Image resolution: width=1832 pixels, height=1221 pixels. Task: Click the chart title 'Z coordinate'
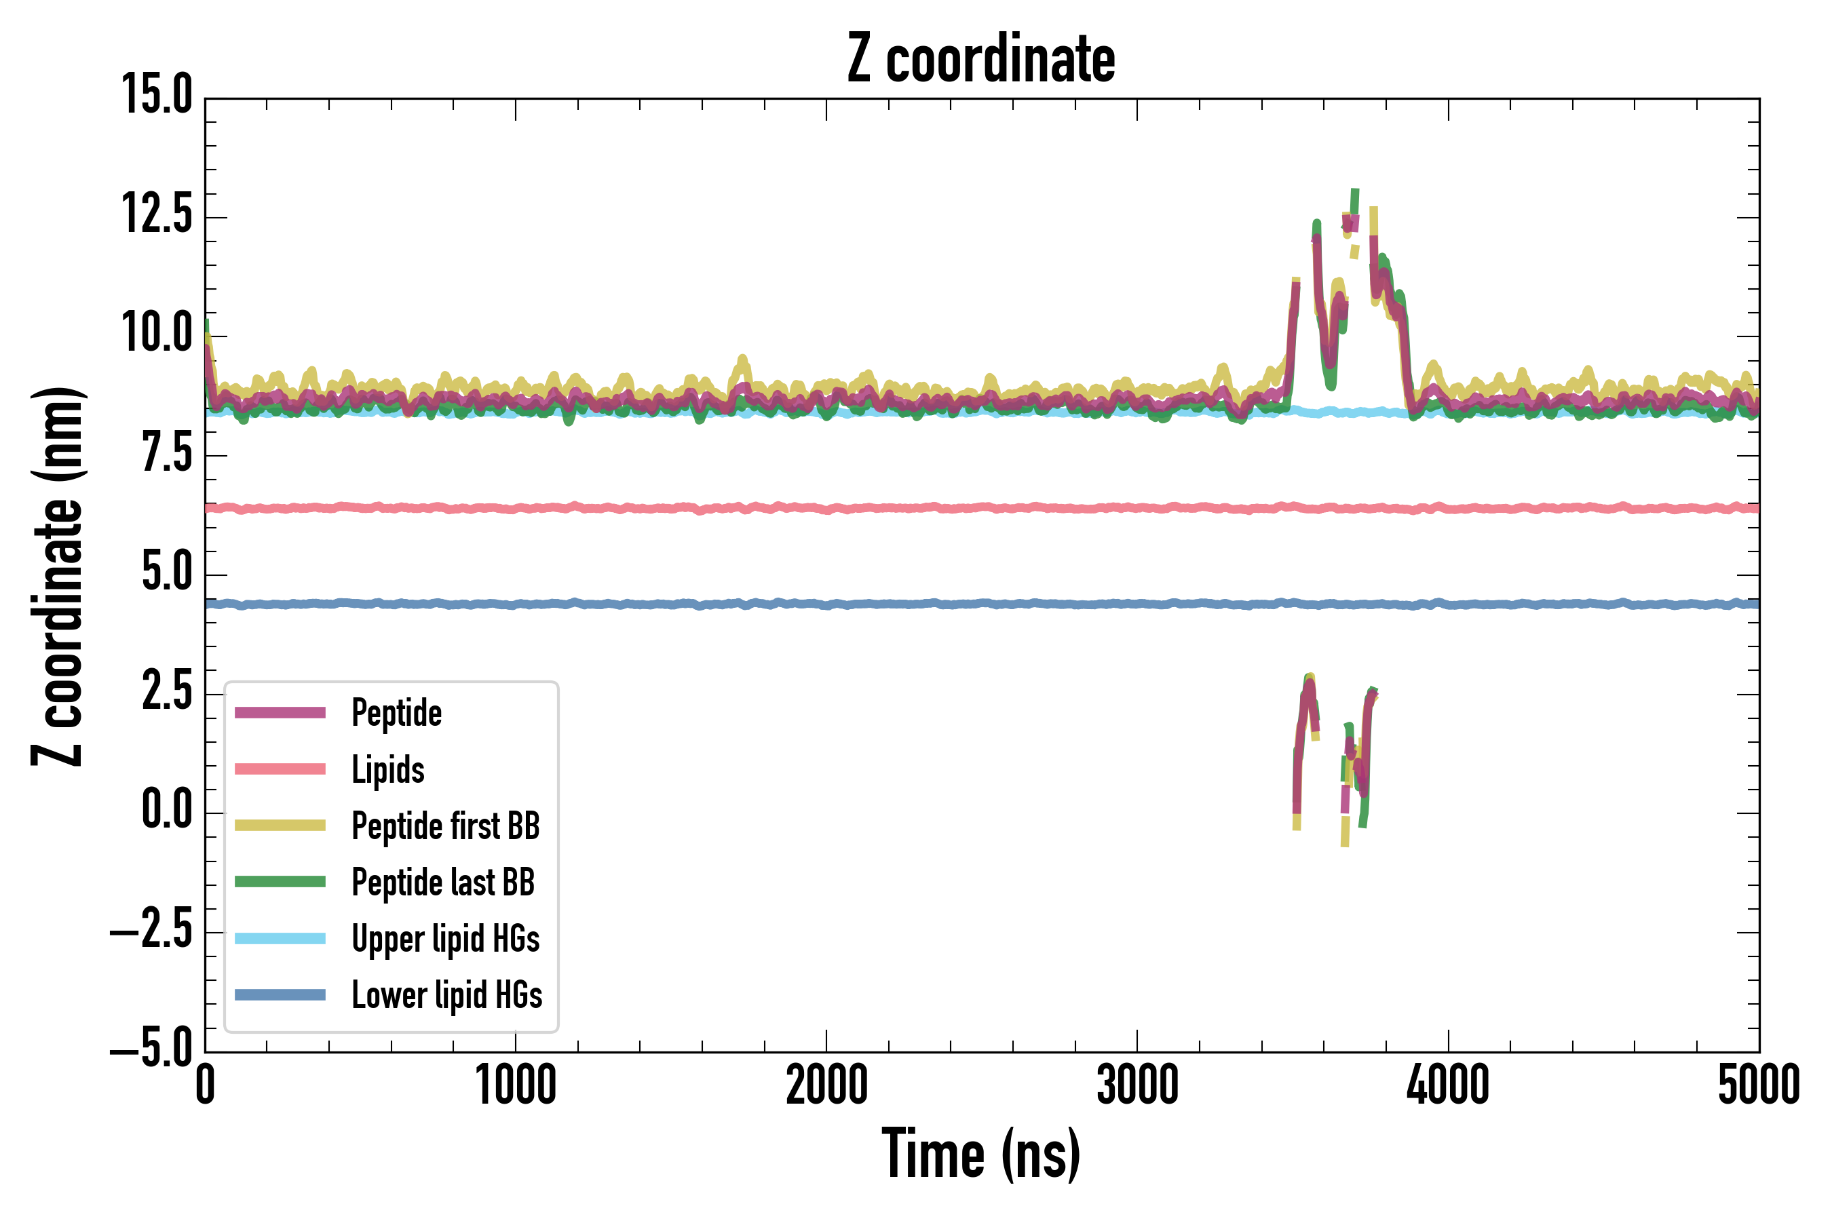[980, 59]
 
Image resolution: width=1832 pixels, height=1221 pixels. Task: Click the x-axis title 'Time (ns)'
[980, 1154]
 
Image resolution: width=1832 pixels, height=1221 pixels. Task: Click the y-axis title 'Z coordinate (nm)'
[58, 576]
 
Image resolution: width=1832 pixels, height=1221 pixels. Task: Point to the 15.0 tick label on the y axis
[157, 96]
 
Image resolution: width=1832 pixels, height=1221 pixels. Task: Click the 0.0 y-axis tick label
[167, 810]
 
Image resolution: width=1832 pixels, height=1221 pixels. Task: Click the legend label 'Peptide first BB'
[446, 826]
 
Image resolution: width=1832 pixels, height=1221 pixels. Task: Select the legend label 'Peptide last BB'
[443, 883]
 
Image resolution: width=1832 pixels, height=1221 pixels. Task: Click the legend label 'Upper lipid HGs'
[446, 938]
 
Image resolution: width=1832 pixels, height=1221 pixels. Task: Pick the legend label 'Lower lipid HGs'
[446, 995]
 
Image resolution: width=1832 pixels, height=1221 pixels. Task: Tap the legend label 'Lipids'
[388, 769]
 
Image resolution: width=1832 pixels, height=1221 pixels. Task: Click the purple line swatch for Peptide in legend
[280, 712]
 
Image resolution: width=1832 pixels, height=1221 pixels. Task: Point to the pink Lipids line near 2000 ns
[826, 509]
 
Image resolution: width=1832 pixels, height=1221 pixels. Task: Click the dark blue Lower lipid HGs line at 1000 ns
[516, 604]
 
